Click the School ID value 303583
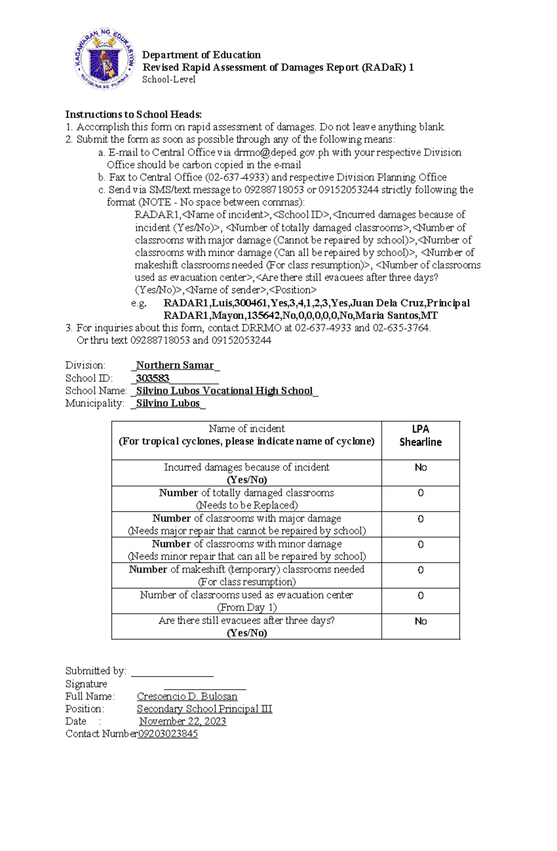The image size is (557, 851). (152, 378)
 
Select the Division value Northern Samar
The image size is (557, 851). (175, 365)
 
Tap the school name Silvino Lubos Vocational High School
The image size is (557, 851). (224, 390)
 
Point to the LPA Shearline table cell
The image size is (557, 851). (421, 435)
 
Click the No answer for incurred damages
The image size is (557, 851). (421, 467)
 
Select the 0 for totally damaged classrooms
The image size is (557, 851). (421, 493)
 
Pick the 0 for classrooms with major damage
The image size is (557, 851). (421, 519)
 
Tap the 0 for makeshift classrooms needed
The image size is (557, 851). (421, 570)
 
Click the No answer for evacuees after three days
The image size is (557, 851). (421, 621)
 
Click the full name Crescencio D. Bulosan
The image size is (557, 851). (187, 697)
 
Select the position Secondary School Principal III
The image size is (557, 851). (204, 709)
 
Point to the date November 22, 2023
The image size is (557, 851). (182, 722)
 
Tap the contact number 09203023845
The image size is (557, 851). (168, 734)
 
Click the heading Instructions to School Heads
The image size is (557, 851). (134, 115)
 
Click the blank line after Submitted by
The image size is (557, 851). (172, 672)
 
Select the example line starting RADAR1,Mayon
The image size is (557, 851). (300, 316)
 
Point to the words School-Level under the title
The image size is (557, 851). (168, 79)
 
